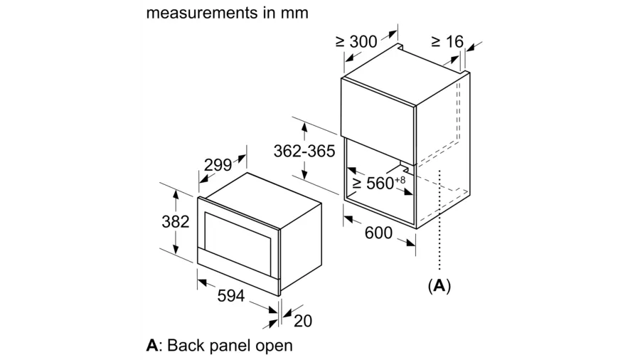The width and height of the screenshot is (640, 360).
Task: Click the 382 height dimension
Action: (176, 222)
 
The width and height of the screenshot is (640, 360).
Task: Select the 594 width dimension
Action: (231, 295)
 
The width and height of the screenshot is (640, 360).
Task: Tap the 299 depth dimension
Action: (218, 165)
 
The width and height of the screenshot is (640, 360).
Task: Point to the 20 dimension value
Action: (303, 321)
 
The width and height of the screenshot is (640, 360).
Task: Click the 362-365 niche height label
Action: (304, 151)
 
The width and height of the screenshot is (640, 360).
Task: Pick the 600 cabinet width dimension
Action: (378, 233)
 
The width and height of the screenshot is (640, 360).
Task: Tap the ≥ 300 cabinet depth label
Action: (356, 41)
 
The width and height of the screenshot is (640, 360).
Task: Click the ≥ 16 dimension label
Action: (447, 41)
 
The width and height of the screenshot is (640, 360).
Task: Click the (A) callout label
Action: (439, 285)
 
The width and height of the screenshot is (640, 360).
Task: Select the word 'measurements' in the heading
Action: (201, 13)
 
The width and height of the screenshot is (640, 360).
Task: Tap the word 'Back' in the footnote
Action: (186, 345)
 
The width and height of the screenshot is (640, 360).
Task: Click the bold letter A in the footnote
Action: (152, 345)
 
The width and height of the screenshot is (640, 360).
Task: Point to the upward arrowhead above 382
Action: (176, 194)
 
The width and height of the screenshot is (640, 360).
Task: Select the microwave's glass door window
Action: (238, 243)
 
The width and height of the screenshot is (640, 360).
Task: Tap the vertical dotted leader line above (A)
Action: (439, 220)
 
